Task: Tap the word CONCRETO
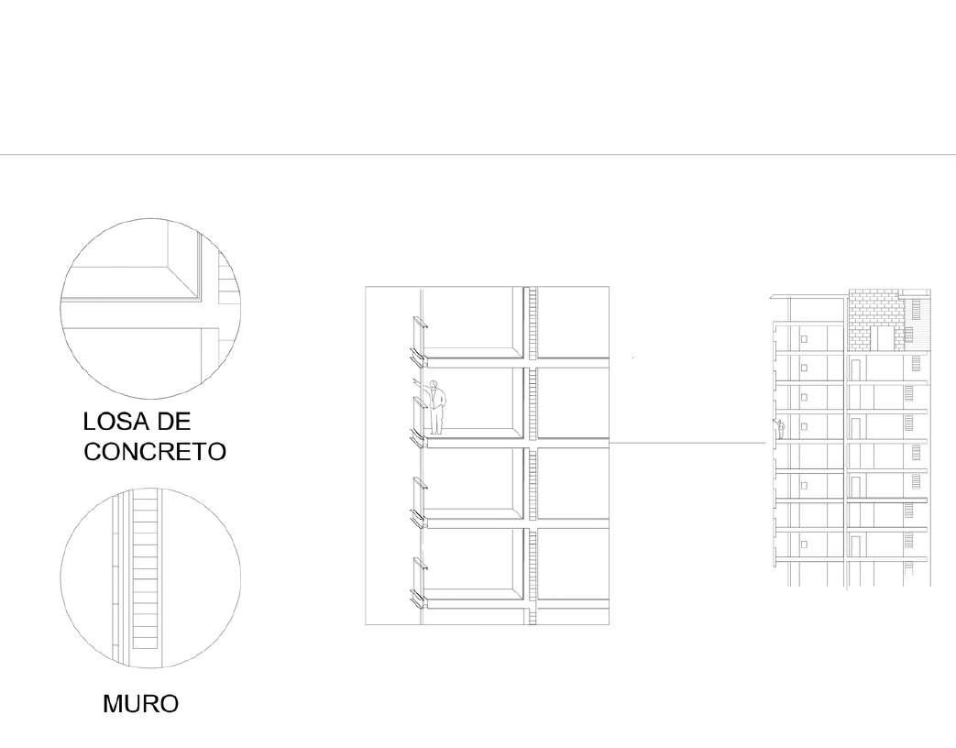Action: coord(155,452)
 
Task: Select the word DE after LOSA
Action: coord(172,422)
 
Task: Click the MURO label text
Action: coord(140,704)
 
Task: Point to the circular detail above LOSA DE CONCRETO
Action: coord(150,308)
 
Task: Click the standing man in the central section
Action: coord(437,407)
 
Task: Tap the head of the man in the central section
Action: coord(436,385)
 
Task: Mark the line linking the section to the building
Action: coord(687,443)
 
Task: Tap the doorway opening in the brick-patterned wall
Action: coord(885,337)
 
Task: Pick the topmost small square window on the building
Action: coord(804,339)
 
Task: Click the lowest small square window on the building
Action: coord(804,544)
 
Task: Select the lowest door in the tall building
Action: coord(855,544)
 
